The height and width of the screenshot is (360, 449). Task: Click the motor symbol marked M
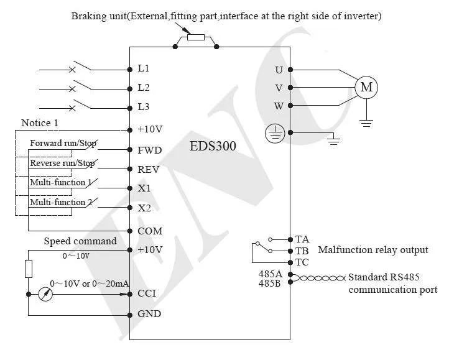pyautogui.click(x=366, y=88)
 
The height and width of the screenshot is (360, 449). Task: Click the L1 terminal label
pyautogui.click(x=144, y=68)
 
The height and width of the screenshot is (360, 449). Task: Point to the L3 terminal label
pyautogui.click(x=144, y=106)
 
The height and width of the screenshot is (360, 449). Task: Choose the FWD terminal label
pyautogui.click(x=149, y=150)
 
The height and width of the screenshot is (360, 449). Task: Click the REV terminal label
pyautogui.click(x=149, y=169)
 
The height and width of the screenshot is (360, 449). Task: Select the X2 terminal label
pyautogui.click(x=144, y=208)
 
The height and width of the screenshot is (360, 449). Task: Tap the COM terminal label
pyautogui.click(x=149, y=231)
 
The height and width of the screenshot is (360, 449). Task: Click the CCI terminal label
pyautogui.click(x=147, y=293)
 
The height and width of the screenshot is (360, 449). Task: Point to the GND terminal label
pyautogui.click(x=149, y=313)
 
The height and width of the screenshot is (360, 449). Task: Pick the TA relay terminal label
pyautogui.click(x=302, y=239)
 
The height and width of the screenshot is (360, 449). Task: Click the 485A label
pyautogui.click(x=271, y=274)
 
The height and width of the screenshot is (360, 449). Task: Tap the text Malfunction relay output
pyautogui.click(x=373, y=250)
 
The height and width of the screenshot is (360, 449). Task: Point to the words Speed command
pyautogui.click(x=80, y=241)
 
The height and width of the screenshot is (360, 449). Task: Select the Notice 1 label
pyautogui.click(x=40, y=122)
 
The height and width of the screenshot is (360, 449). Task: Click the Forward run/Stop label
pyautogui.click(x=62, y=144)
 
